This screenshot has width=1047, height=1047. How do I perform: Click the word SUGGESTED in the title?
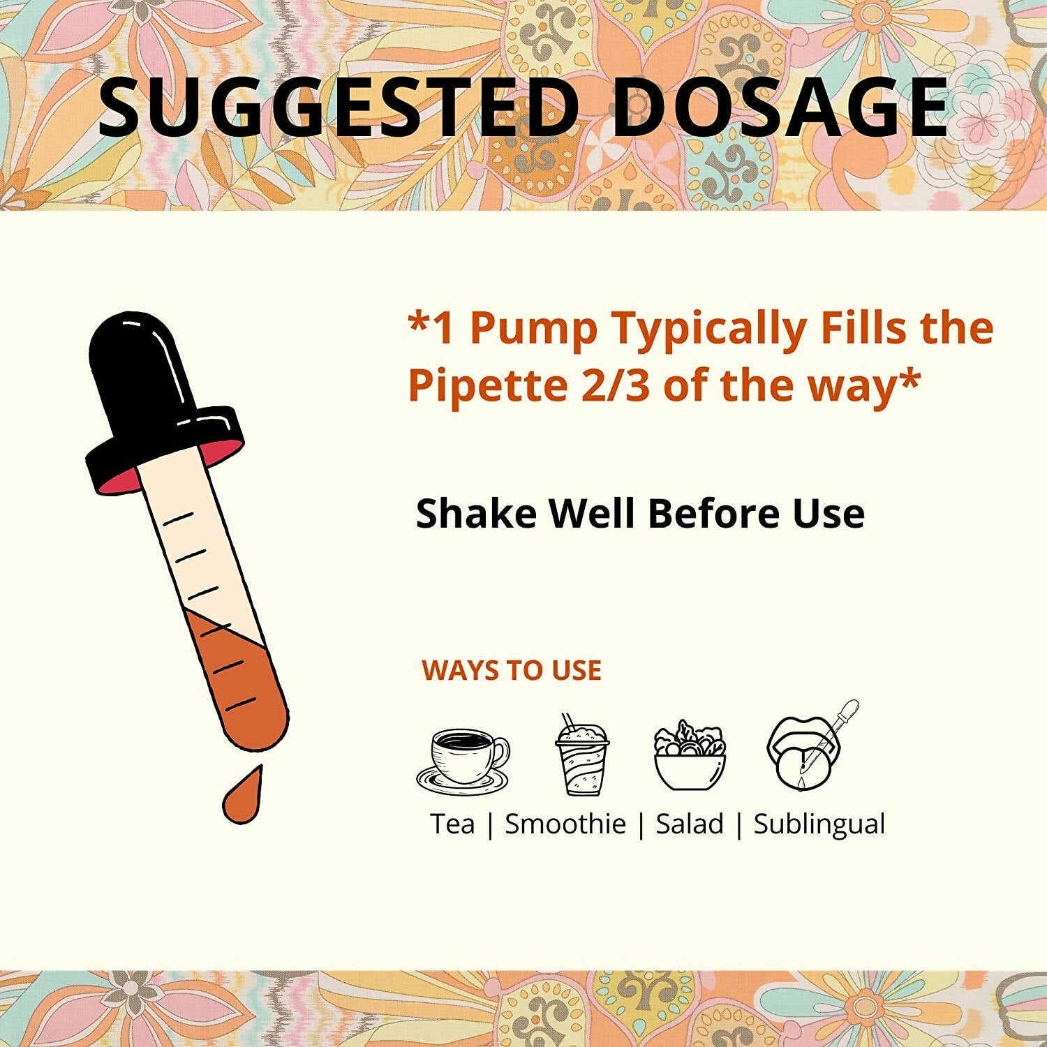coord(339,107)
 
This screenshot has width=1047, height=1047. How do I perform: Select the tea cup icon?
coord(463,760)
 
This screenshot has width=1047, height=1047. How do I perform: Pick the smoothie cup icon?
coord(581,755)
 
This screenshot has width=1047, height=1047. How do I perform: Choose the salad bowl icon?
coord(690,756)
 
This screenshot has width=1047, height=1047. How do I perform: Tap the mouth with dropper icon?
coord(812,747)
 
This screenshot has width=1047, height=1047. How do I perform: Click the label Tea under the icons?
coord(452,824)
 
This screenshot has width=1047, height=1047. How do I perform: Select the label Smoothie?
coord(565,824)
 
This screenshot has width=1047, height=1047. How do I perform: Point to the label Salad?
coord(690,824)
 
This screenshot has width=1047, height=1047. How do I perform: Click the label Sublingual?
coord(819,824)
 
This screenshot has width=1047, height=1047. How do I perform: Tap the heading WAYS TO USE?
coord(512,670)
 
